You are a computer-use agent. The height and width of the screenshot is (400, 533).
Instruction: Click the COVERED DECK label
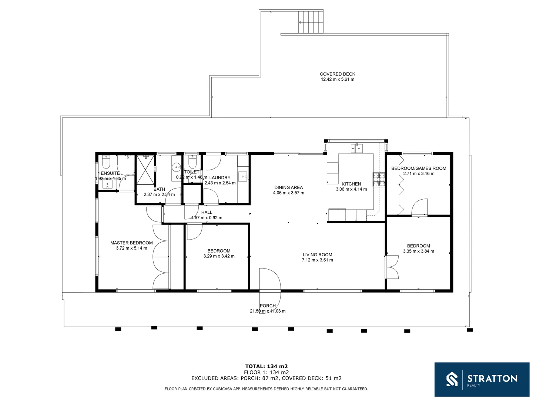(337, 74)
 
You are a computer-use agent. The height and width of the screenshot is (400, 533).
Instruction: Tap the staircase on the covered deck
(311, 22)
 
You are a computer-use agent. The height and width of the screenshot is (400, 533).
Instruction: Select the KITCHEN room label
(351, 184)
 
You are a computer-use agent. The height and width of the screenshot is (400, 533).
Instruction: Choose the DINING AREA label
(288, 187)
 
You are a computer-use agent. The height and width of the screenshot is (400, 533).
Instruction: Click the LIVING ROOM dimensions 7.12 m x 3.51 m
(317, 260)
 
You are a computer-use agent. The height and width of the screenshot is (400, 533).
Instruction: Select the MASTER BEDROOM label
(131, 243)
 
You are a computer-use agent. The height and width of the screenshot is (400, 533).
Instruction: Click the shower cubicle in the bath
(145, 170)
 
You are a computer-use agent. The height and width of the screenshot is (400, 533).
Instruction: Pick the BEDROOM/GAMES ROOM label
(419, 168)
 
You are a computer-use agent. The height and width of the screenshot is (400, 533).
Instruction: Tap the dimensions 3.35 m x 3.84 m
(418, 251)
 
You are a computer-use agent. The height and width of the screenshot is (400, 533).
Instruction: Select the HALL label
(207, 212)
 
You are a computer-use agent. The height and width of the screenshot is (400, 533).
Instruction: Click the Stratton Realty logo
(482, 379)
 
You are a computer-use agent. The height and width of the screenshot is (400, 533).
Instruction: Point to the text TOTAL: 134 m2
(266, 366)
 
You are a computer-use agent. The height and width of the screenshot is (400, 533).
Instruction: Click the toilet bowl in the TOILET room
(192, 162)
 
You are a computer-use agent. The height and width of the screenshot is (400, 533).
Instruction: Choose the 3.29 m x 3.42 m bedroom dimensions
(219, 256)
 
